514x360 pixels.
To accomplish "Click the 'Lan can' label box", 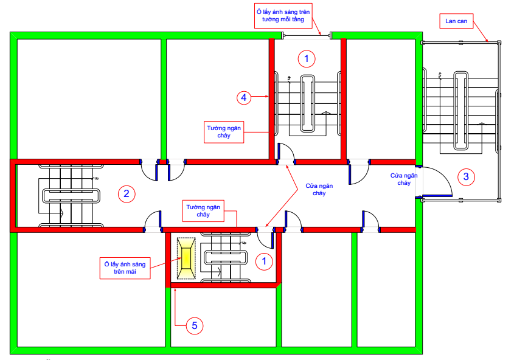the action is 456,21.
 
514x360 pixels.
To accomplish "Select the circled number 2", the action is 127,194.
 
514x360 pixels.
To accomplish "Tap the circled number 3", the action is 466,177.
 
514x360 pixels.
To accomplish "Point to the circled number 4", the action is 244,97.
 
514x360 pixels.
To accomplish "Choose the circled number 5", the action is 195,325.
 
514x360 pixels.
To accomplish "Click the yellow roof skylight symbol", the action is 186,258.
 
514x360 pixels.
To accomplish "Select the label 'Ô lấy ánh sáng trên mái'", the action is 125,268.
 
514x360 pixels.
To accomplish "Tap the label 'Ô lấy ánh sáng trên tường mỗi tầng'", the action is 283,16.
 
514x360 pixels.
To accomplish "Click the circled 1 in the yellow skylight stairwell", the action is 264,261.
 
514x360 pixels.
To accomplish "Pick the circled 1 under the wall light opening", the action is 307,59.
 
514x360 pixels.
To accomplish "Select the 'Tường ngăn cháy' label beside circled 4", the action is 224,132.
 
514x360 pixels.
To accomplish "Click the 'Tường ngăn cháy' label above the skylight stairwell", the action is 203,211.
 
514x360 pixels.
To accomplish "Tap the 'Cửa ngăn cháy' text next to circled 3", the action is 404,179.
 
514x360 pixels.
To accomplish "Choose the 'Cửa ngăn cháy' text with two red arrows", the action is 319,190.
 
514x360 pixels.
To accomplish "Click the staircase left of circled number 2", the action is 71,196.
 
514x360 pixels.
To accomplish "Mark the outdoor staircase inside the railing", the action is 460,111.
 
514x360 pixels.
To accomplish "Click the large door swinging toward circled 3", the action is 434,182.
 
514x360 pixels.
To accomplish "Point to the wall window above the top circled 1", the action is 307,35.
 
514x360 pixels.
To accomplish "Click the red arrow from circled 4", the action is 260,96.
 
